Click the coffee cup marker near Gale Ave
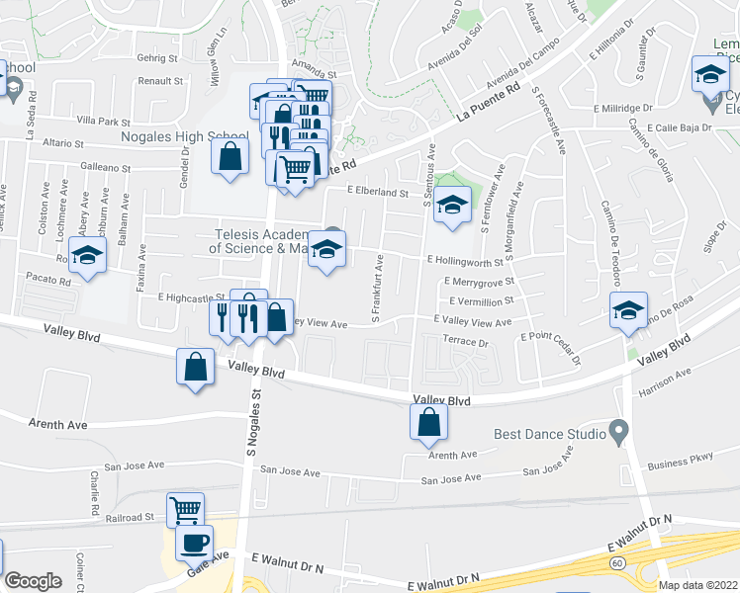pyautogui.click(x=195, y=542)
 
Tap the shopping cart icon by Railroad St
pyautogui.click(x=185, y=510)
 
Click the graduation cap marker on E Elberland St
pyautogui.click(x=452, y=205)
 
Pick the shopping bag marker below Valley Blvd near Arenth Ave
pyautogui.click(x=429, y=422)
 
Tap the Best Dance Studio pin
pyautogui.click(x=619, y=433)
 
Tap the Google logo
pyautogui.click(x=34, y=581)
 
